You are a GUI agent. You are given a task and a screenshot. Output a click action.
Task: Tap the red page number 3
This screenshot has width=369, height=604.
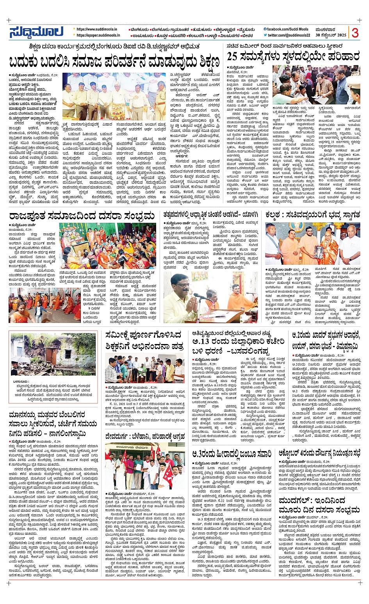click(x=355, y=33)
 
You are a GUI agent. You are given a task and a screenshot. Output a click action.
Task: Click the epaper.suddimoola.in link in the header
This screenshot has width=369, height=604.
click(x=98, y=35)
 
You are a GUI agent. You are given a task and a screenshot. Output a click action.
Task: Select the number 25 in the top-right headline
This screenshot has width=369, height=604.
click(x=232, y=57)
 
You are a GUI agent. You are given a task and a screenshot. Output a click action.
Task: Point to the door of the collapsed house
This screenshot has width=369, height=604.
click(x=52, y=356)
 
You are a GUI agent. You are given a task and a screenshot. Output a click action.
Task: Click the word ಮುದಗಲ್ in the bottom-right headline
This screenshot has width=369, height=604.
click(x=296, y=501)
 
